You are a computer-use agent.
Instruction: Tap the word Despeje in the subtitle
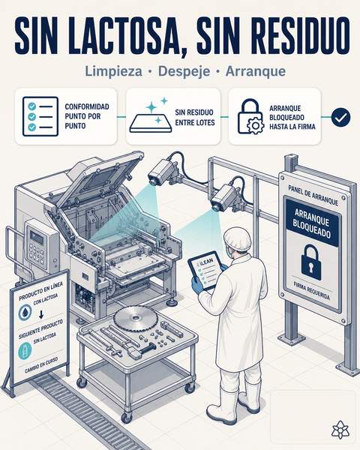[x=184, y=71]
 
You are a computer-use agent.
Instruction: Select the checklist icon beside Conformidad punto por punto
[x=40, y=116]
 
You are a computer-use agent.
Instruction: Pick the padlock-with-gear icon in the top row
[x=250, y=116]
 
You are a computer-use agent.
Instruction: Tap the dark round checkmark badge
[x=340, y=117]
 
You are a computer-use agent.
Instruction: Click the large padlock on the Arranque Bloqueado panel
[x=311, y=262]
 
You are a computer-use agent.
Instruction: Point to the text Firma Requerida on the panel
[x=311, y=291]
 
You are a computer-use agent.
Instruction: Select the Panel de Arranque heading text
[x=313, y=195]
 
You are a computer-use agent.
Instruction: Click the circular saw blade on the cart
[x=136, y=318]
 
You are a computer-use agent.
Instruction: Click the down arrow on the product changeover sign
[x=41, y=315]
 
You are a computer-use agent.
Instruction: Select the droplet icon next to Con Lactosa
[x=25, y=312]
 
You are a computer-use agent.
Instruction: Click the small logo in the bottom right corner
[x=340, y=430]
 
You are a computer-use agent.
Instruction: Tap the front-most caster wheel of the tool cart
[x=126, y=417]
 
